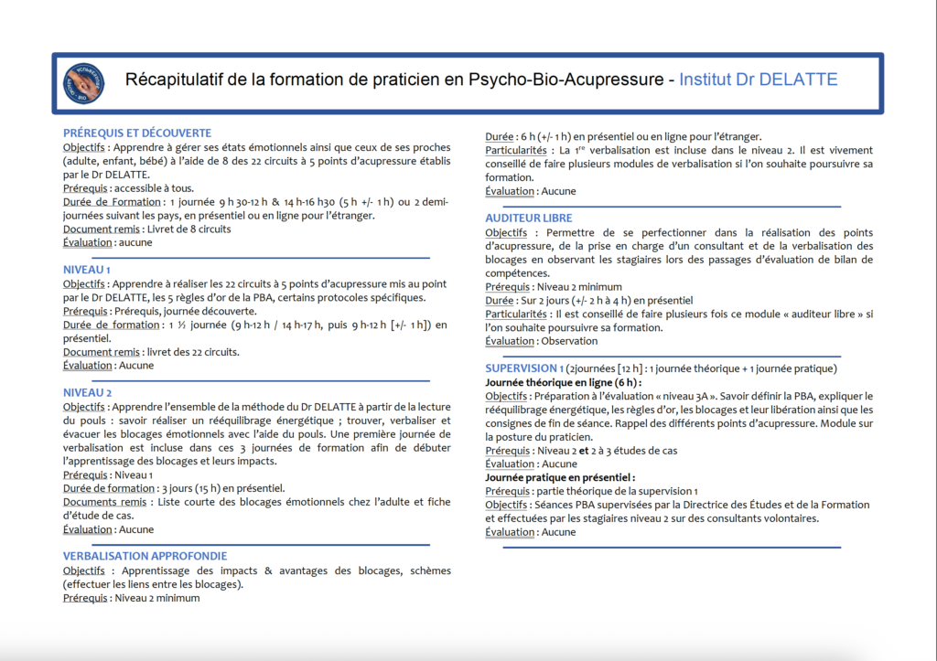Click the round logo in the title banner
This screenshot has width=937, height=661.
(x=82, y=81)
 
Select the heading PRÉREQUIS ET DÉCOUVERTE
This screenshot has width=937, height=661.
(x=137, y=133)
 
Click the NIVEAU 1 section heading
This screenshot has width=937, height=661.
(x=87, y=270)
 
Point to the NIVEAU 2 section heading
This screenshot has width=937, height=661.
(x=88, y=392)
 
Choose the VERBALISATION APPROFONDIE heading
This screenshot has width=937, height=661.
(x=145, y=556)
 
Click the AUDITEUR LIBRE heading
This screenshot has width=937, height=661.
(x=529, y=219)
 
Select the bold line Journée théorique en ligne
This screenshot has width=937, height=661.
(x=563, y=382)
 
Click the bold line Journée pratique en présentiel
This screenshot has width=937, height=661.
(x=560, y=477)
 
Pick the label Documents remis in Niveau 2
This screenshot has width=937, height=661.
(x=104, y=502)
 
